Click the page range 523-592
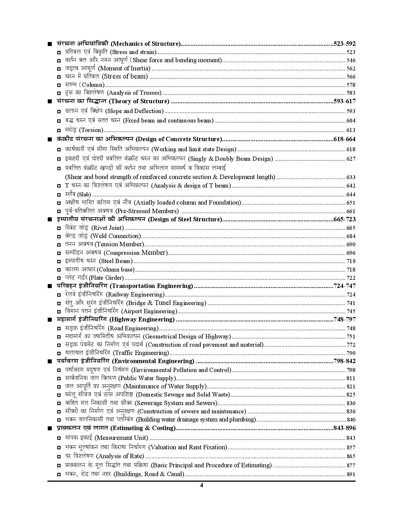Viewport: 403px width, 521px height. [x=344, y=44]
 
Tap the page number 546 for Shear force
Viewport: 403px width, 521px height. [x=351, y=61]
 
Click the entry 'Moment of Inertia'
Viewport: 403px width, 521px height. [x=124, y=69]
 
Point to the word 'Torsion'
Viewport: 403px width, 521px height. [x=91, y=130]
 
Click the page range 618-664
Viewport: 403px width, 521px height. [x=344, y=139]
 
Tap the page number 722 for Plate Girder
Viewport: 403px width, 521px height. [x=351, y=278]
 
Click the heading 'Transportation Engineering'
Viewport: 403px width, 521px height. [x=151, y=286]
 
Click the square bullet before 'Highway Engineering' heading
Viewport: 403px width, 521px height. [x=49, y=320]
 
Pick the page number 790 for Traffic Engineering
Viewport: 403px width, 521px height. [x=351, y=353]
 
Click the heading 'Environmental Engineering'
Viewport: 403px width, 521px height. [x=153, y=361]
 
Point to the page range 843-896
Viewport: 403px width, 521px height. [x=344, y=428]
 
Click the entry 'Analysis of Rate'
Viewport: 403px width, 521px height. [x=120, y=456]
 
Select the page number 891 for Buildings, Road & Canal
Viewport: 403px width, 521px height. [x=351, y=474]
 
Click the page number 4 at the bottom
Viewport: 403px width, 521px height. [x=201, y=485]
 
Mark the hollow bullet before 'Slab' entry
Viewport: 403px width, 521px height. [x=59, y=195]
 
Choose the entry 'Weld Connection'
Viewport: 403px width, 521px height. [x=115, y=236]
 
